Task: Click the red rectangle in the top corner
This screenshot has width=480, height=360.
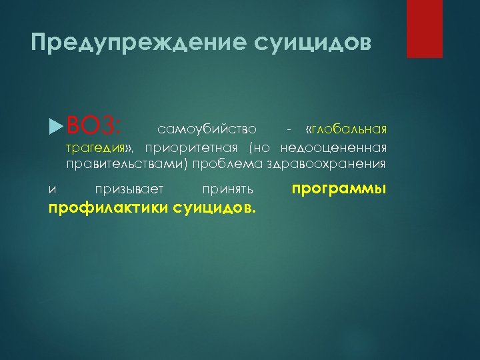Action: point(425,29)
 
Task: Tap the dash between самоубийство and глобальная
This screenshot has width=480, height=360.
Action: point(287,128)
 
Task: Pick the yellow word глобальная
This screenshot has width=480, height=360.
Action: point(349,128)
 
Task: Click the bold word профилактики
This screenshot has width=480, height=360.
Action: point(108,209)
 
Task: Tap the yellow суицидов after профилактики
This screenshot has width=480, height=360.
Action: point(213,209)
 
